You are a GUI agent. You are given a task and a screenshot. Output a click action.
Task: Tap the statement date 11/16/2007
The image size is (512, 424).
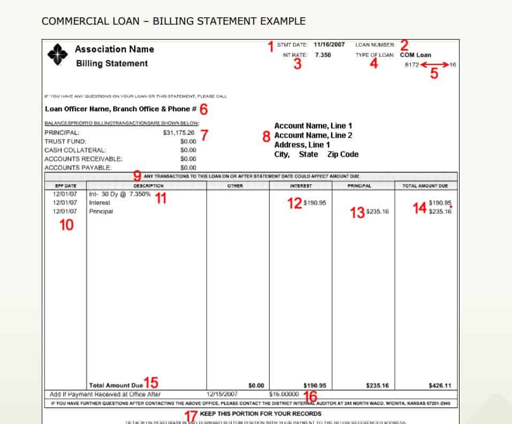pyautogui.click(x=329, y=44)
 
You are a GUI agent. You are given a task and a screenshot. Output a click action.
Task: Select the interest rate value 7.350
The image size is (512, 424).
pyautogui.click(x=323, y=55)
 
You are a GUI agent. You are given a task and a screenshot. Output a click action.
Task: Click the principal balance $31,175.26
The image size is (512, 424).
pyautogui.click(x=179, y=132)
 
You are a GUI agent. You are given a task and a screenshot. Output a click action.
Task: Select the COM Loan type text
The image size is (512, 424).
pyautogui.click(x=415, y=55)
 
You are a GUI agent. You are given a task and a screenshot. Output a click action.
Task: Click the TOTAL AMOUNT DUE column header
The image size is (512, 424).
pyautogui.click(x=426, y=186)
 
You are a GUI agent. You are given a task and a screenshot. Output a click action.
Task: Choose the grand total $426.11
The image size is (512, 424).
pyautogui.click(x=440, y=385)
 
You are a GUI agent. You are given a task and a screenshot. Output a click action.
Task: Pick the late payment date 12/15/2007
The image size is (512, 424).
pyautogui.click(x=222, y=393)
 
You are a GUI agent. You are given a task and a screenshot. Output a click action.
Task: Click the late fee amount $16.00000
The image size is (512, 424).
pyautogui.click(x=284, y=393)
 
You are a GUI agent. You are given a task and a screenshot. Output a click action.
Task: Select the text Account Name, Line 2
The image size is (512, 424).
pyautogui.click(x=313, y=135)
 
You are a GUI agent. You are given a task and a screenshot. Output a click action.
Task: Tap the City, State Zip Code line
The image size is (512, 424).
pyautogui.click(x=316, y=154)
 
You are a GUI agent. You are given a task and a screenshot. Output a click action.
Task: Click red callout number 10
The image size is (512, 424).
pyautogui.click(x=66, y=225)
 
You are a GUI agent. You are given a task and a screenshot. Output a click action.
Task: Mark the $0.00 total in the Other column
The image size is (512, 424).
pyautogui.click(x=256, y=385)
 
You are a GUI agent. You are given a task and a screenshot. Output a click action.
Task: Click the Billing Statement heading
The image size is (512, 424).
pyautogui.click(x=112, y=63)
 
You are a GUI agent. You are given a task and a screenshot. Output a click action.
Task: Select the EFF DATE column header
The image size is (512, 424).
pyautogui.click(x=63, y=186)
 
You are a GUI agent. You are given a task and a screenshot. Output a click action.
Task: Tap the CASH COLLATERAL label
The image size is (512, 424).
pyautogui.click(x=75, y=150)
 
